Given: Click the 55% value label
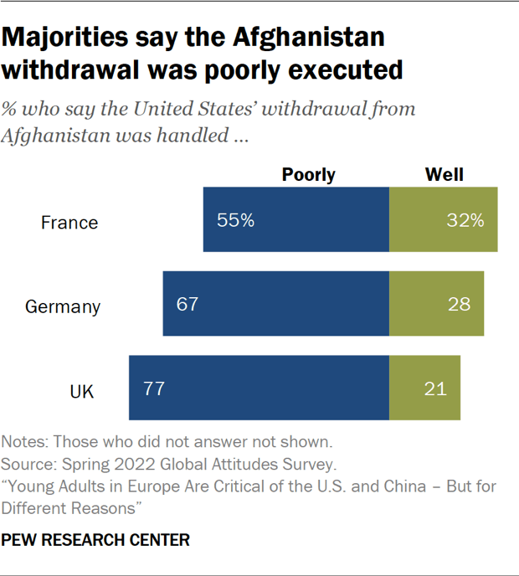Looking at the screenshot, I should click(x=235, y=221).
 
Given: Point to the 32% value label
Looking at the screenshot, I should click(x=465, y=221).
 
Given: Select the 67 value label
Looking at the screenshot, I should click(x=188, y=303).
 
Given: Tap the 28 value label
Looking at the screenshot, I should click(x=459, y=303).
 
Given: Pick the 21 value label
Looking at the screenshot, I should click(x=435, y=388).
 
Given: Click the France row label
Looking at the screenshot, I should click(x=70, y=223).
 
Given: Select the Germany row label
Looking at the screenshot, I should click(x=63, y=306).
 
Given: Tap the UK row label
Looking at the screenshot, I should click(x=82, y=390).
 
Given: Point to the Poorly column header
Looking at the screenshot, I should click(x=308, y=174).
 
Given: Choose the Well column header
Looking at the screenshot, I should click(x=444, y=174).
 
